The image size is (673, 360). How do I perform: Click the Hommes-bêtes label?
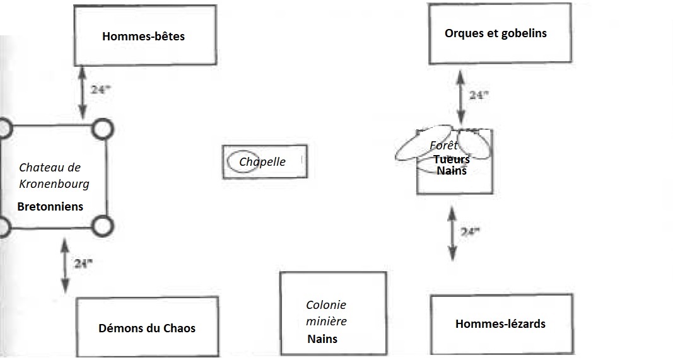point(143,36)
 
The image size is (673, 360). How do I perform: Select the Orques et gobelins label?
point(496,33)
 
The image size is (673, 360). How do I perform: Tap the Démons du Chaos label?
point(147,328)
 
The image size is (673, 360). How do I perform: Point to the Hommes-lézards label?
point(500,323)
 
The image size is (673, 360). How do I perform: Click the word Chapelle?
point(262,162)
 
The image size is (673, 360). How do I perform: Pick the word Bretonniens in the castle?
point(50,206)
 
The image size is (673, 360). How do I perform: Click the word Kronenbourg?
point(54,184)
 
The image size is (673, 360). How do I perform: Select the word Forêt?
point(443,145)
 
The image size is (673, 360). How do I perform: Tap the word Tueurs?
point(452,159)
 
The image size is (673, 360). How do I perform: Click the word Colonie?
point(325,305)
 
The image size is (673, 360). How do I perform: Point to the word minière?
point(326,321)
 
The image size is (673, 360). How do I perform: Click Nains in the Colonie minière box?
point(322,339)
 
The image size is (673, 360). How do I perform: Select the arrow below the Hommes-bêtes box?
point(83,92)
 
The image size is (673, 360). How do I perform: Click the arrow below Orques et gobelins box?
point(460,97)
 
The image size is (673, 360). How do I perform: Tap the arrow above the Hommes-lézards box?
point(452,233)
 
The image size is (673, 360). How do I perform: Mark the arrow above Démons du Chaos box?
point(65,266)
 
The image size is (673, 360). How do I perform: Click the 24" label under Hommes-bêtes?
point(100,90)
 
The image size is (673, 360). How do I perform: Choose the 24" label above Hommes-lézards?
point(470,232)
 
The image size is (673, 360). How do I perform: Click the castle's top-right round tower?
point(103,129)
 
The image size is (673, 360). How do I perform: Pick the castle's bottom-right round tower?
point(103,226)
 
